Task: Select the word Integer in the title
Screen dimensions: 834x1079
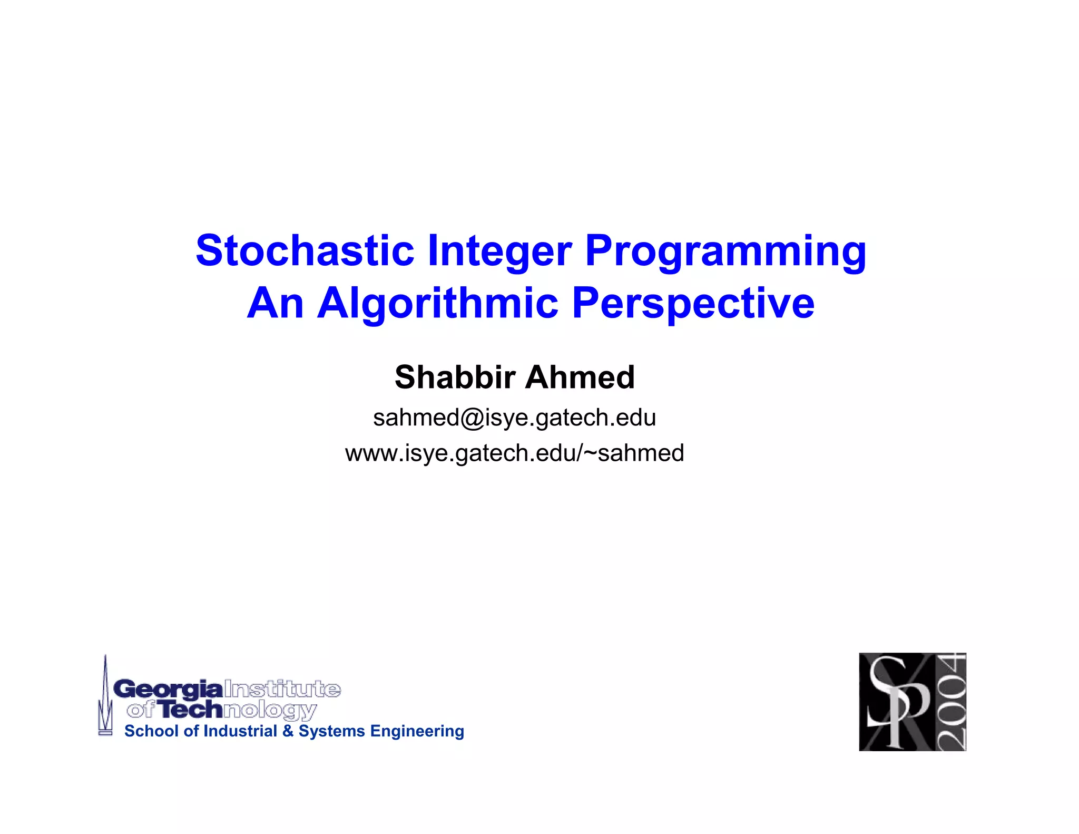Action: click(x=499, y=251)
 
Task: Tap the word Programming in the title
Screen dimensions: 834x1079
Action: click(x=725, y=251)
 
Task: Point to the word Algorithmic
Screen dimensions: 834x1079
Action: click(x=437, y=304)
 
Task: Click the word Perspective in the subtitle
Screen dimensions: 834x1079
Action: click(x=693, y=304)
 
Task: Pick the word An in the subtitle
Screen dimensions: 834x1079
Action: click(x=275, y=304)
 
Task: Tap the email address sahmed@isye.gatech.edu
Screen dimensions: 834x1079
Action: click(x=514, y=418)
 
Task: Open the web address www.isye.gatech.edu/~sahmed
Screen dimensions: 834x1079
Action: click(x=514, y=453)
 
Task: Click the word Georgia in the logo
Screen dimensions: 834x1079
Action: click(x=168, y=689)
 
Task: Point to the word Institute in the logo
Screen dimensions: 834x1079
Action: click(x=282, y=689)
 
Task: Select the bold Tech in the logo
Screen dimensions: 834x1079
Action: click(x=191, y=710)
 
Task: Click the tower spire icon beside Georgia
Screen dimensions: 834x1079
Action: click(x=105, y=696)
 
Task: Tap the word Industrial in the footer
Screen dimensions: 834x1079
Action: click(x=240, y=731)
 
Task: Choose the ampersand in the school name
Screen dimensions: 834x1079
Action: click(x=288, y=731)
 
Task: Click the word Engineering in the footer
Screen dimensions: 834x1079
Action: click(x=417, y=732)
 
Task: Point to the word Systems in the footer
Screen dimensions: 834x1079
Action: click(x=331, y=731)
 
